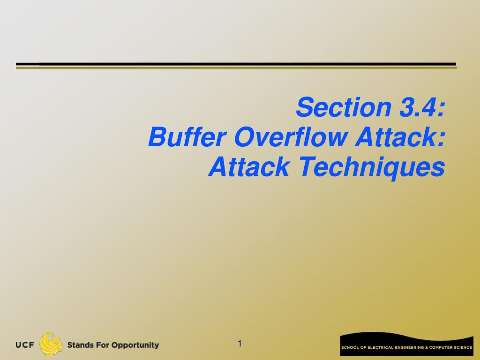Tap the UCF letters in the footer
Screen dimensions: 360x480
click(x=25, y=345)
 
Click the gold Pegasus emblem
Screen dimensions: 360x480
click(x=51, y=344)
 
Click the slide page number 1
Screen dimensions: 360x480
click(x=240, y=344)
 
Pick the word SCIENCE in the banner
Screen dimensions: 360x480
click(x=463, y=348)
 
